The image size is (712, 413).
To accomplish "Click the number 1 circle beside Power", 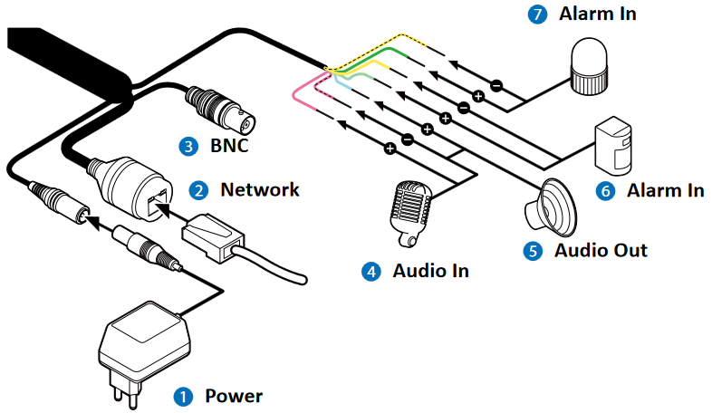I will pyautogui.click(x=184, y=396).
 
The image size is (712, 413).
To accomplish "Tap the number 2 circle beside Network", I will pyautogui.click(x=197, y=190).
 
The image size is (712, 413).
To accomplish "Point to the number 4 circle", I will pyautogui.click(x=371, y=270).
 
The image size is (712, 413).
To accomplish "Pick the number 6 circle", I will pyautogui.click(x=606, y=190).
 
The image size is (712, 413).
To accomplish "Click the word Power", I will pyautogui.click(x=234, y=396).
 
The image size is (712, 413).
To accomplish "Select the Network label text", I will pyautogui.click(x=260, y=190).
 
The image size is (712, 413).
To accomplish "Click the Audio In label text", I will pyautogui.click(x=430, y=270).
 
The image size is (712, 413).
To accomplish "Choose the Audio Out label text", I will pyautogui.click(x=601, y=249).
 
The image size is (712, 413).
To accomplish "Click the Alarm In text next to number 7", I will pyautogui.click(x=598, y=14).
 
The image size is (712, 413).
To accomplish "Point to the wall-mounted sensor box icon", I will pyautogui.click(x=614, y=146).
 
